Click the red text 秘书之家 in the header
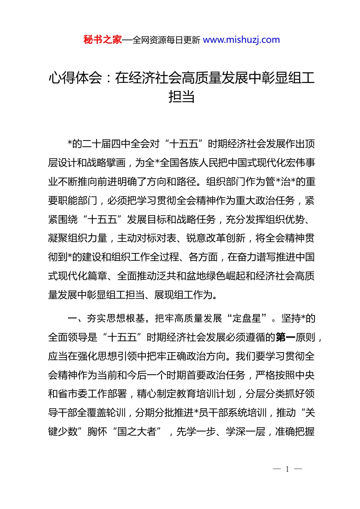point(103,40)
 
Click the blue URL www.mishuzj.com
point(241,40)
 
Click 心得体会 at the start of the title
point(75,78)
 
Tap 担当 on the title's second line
point(182,97)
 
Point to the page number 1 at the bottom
point(287,469)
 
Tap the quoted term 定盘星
point(247,318)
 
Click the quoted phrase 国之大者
point(137,431)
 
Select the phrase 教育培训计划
point(206,394)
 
